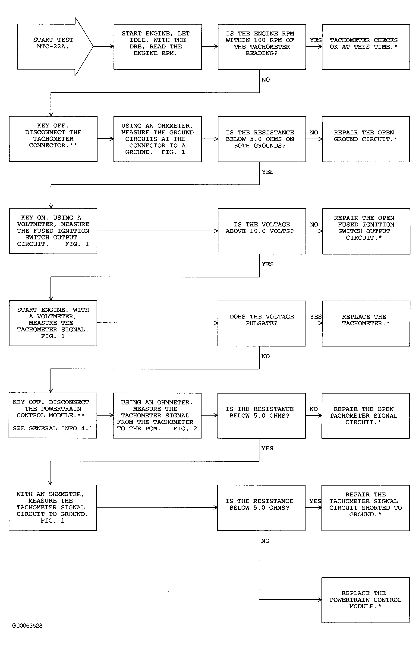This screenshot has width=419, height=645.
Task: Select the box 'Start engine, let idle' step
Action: coord(158,47)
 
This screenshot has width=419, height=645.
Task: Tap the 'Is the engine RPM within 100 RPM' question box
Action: coord(262,47)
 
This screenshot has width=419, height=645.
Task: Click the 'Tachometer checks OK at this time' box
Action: coord(366,47)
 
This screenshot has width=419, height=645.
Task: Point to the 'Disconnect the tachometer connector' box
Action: coord(53,139)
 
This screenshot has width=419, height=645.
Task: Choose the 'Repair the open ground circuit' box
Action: coord(366,139)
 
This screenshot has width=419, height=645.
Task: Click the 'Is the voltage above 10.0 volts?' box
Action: coord(262,231)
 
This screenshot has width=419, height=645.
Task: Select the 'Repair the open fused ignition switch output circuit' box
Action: coord(366,231)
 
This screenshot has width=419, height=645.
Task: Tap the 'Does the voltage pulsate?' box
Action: coord(262,323)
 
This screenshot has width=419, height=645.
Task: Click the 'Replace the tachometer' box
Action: coord(366,323)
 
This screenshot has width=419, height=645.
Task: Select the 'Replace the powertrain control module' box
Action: coord(365,600)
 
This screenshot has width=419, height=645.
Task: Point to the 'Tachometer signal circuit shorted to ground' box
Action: coord(365,508)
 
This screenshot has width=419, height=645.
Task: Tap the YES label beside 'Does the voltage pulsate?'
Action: coord(316,317)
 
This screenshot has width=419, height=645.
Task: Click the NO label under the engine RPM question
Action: coord(265,80)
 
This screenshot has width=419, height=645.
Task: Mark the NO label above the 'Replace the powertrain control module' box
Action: coord(265,541)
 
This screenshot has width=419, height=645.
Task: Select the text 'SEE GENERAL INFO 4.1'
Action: coord(53,428)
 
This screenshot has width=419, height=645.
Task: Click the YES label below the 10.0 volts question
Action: coord(268,264)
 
